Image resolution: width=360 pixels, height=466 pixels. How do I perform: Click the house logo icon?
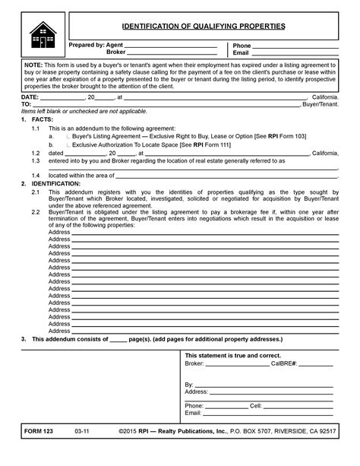(x=43, y=36)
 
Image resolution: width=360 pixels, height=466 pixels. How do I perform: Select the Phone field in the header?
(x=295, y=46)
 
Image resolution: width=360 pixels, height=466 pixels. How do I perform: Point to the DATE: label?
(x=30, y=97)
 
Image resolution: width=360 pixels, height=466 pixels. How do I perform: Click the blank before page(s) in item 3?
(x=118, y=339)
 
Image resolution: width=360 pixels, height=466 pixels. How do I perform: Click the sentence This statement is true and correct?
(x=233, y=356)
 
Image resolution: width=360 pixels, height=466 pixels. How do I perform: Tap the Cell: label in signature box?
(x=256, y=406)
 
